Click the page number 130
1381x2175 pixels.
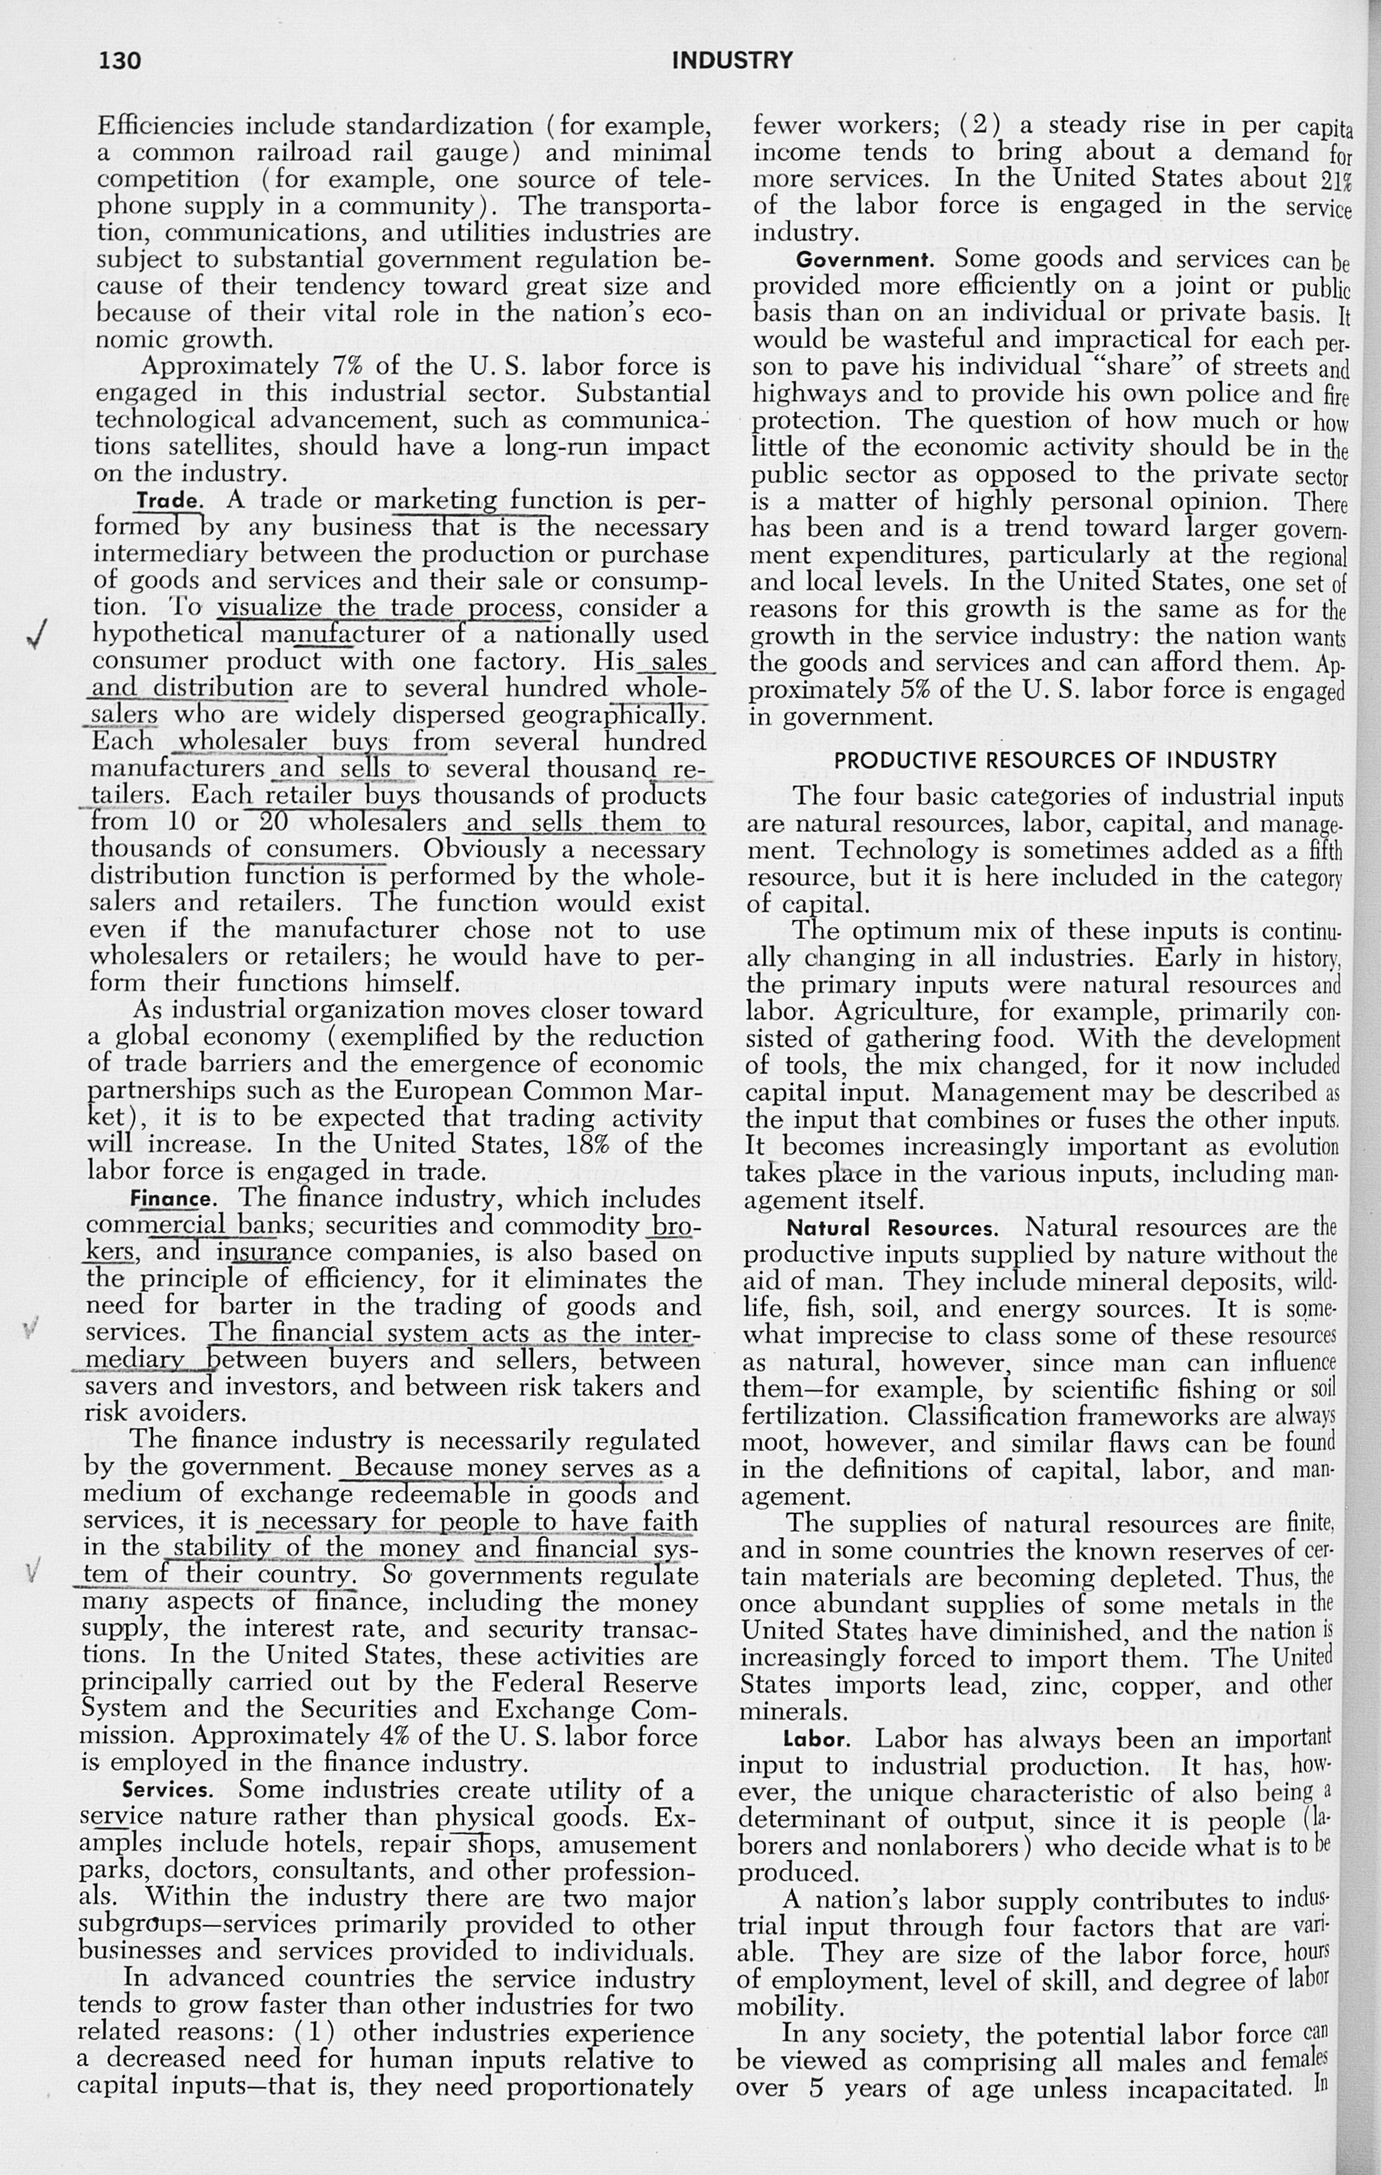click(x=120, y=61)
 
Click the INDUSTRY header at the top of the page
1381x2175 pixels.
click(x=732, y=61)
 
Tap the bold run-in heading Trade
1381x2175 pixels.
click(x=169, y=500)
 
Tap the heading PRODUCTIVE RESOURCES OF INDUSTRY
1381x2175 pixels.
click(x=1055, y=760)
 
